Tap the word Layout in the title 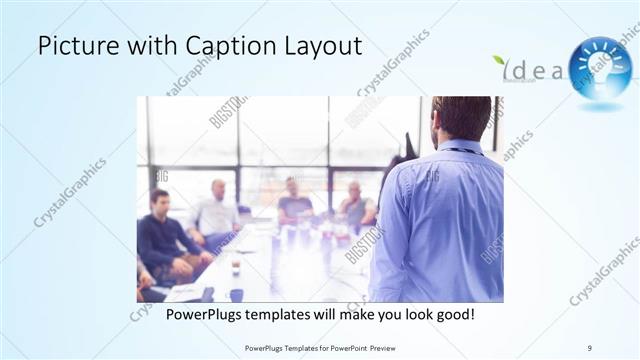click(x=316, y=46)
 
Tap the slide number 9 click(x=590, y=347)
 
